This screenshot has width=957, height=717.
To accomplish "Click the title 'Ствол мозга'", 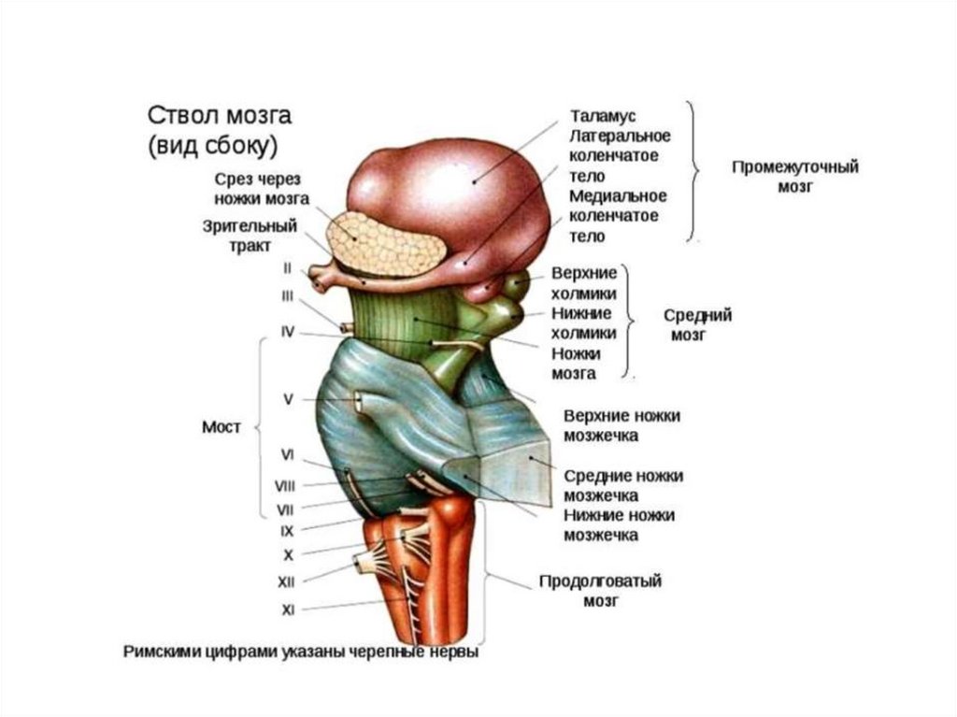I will (220, 117).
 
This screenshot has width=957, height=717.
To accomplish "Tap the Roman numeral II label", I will (288, 268).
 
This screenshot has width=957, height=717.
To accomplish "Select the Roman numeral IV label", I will (288, 330).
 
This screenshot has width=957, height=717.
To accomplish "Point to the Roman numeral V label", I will (289, 399).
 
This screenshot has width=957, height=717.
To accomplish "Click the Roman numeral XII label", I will (287, 581).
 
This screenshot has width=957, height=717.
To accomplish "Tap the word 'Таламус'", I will (603, 115).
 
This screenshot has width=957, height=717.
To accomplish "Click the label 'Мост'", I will (221, 427).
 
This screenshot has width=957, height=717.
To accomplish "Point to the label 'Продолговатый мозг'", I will (601, 592).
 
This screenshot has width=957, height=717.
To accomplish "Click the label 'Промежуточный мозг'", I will (794, 177).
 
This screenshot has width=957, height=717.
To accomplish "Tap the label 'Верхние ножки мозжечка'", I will (621, 425).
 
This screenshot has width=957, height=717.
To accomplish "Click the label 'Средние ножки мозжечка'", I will (622, 485).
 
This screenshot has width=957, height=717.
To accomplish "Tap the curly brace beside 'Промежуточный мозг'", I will (694, 172).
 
